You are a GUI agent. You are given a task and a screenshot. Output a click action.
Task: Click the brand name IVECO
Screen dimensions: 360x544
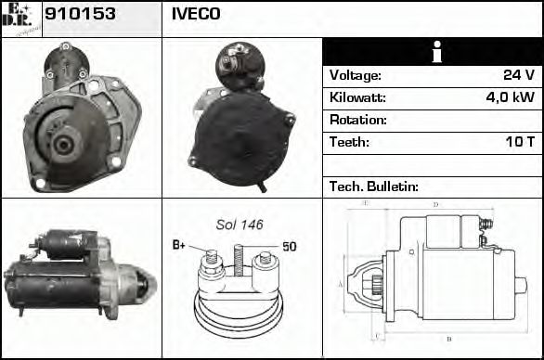tap(196, 14)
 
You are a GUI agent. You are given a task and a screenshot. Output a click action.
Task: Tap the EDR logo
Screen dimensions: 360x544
tap(20, 18)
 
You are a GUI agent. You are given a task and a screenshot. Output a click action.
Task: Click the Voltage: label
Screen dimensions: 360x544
tap(356, 75)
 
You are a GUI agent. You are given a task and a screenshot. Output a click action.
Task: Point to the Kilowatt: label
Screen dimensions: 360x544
tap(357, 97)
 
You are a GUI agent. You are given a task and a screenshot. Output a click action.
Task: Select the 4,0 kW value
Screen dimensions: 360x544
tap(511, 97)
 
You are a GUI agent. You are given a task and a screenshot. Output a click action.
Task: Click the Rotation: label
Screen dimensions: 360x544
tap(358, 120)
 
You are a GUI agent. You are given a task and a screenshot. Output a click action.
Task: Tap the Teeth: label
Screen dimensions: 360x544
tap(349, 142)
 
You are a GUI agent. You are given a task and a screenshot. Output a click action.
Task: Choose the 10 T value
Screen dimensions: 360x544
tap(519, 142)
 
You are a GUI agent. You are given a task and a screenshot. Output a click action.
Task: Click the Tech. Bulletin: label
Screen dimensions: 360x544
tap(374, 186)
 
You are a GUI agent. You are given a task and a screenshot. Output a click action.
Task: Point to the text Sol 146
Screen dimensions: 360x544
tap(240, 225)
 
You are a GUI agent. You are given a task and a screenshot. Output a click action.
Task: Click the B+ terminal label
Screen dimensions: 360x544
tap(179, 245)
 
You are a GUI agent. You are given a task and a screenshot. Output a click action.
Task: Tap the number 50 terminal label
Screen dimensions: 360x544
tap(289, 246)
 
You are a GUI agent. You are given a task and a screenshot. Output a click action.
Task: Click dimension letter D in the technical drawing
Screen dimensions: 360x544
tap(435, 204)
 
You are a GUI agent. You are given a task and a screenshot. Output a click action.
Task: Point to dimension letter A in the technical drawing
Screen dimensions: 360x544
tap(340, 284)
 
